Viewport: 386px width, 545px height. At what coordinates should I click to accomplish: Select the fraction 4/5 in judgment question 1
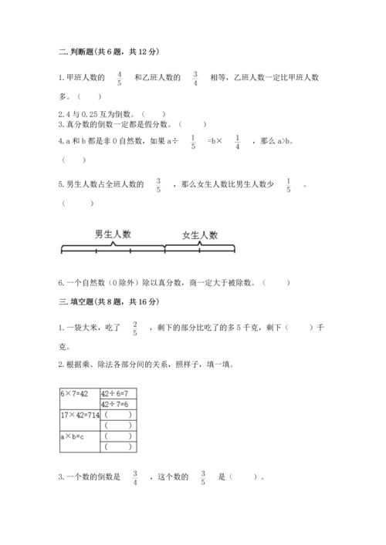click(x=120, y=78)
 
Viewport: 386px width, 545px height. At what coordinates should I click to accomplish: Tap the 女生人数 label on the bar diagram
click(x=200, y=234)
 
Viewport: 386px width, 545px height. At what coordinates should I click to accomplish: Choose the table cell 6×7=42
click(x=79, y=393)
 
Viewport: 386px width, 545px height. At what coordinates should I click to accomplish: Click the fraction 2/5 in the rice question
click(x=134, y=328)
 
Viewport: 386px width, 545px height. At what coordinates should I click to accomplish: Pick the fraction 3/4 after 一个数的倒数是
click(x=134, y=478)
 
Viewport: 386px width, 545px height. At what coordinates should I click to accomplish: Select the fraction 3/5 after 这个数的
click(x=203, y=478)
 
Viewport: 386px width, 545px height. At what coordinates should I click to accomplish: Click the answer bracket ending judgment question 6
click(x=277, y=282)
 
